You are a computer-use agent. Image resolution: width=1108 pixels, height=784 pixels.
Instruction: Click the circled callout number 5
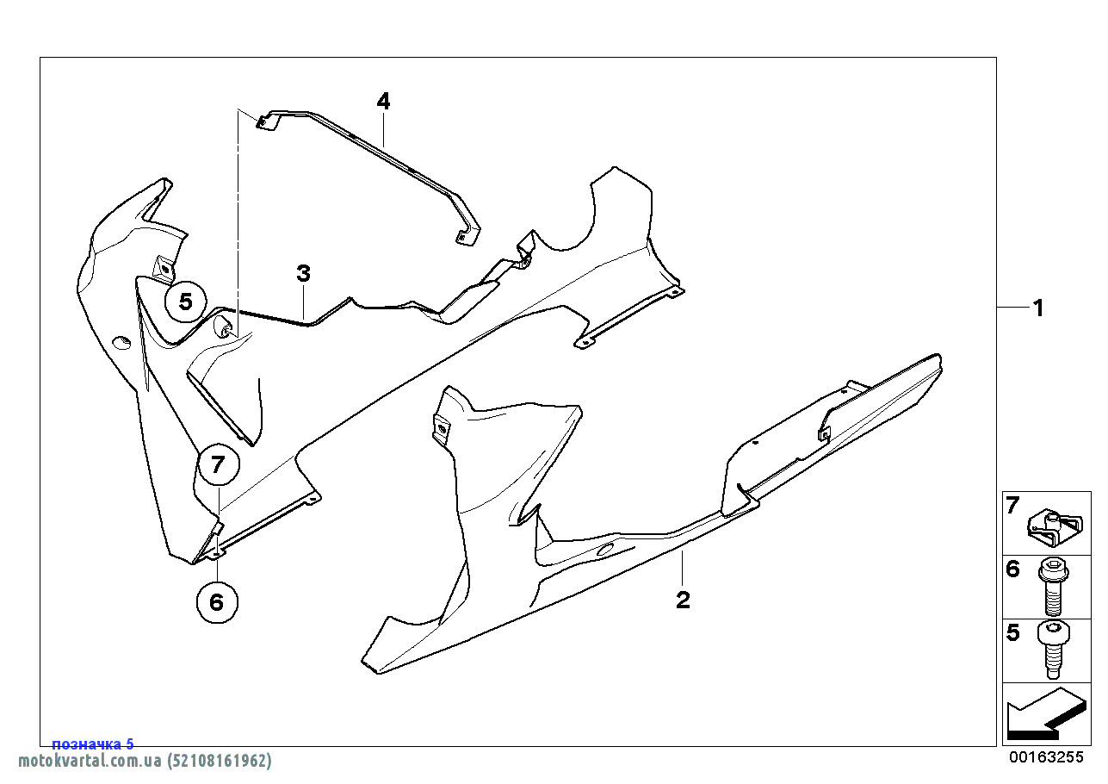(x=185, y=302)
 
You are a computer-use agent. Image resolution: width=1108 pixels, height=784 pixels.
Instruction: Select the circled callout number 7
(x=219, y=464)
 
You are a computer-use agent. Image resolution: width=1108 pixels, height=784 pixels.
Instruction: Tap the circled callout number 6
(x=217, y=602)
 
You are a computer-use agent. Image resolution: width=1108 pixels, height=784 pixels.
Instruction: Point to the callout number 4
(x=383, y=102)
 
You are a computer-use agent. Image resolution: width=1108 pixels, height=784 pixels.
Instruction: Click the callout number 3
(x=303, y=273)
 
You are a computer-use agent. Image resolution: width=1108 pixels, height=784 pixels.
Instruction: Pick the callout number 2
(x=683, y=600)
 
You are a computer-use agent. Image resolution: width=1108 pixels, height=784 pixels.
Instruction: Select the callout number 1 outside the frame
(x=1038, y=308)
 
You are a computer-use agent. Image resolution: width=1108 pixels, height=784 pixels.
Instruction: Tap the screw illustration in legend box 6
(x=1053, y=587)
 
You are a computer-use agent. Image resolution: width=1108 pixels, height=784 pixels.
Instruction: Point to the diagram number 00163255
(x=1046, y=757)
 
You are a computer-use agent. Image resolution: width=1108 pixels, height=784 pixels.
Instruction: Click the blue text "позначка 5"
(x=93, y=744)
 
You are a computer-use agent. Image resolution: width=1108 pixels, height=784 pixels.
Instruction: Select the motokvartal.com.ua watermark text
(x=145, y=761)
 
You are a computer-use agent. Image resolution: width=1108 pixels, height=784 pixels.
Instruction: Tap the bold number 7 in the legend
(x=1012, y=506)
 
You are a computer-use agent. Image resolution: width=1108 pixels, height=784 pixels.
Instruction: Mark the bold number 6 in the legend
(x=1013, y=569)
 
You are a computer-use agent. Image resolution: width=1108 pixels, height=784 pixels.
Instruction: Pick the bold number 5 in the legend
(x=1013, y=633)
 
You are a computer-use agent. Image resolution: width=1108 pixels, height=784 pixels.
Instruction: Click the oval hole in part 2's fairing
(x=606, y=549)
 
